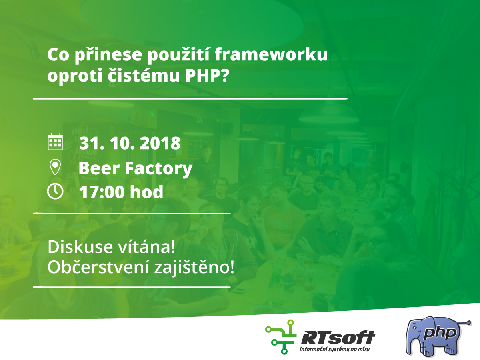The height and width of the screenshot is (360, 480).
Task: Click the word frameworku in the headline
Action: tap(271, 55)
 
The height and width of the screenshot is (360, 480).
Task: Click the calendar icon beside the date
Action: tap(55, 142)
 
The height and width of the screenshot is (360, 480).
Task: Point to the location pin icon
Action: tap(55, 167)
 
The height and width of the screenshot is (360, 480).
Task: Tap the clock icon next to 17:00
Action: tap(55, 192)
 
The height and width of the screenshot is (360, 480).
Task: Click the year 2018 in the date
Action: tap(160, 143)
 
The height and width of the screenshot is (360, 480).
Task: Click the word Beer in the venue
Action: tap(99, 168)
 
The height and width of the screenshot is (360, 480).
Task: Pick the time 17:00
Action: tap(102, 192)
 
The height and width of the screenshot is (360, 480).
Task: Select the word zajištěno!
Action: tap(194, 268)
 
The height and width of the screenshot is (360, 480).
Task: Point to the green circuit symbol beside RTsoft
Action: tap(280, 337)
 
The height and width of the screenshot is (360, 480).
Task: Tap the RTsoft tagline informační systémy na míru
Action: tap(334, 349)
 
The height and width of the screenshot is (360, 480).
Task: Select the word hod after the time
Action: tap(147, 192)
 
